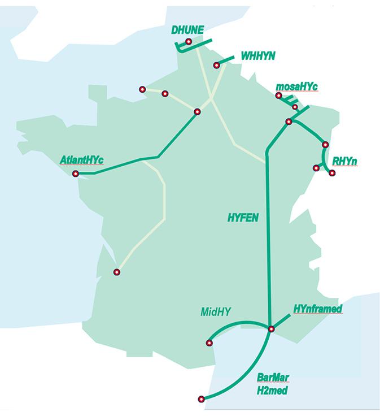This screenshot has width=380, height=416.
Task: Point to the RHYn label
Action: (344, 162)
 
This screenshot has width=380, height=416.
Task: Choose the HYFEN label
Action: (243, 216)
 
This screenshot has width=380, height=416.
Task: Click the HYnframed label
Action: (318, 309)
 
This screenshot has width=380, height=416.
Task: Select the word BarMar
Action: (273, 377)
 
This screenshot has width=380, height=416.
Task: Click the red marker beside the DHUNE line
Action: (189, 42)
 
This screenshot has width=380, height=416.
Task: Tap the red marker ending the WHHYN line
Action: (216, 66)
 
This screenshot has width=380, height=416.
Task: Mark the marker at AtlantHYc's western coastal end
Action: (76, 174)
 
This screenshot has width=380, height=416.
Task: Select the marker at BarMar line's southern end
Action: (202, 399)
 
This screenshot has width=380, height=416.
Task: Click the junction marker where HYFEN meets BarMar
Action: (271, 329)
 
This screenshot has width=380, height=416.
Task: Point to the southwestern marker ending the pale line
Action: (117, 272)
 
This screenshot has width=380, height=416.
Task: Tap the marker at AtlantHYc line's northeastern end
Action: (197, 112)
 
